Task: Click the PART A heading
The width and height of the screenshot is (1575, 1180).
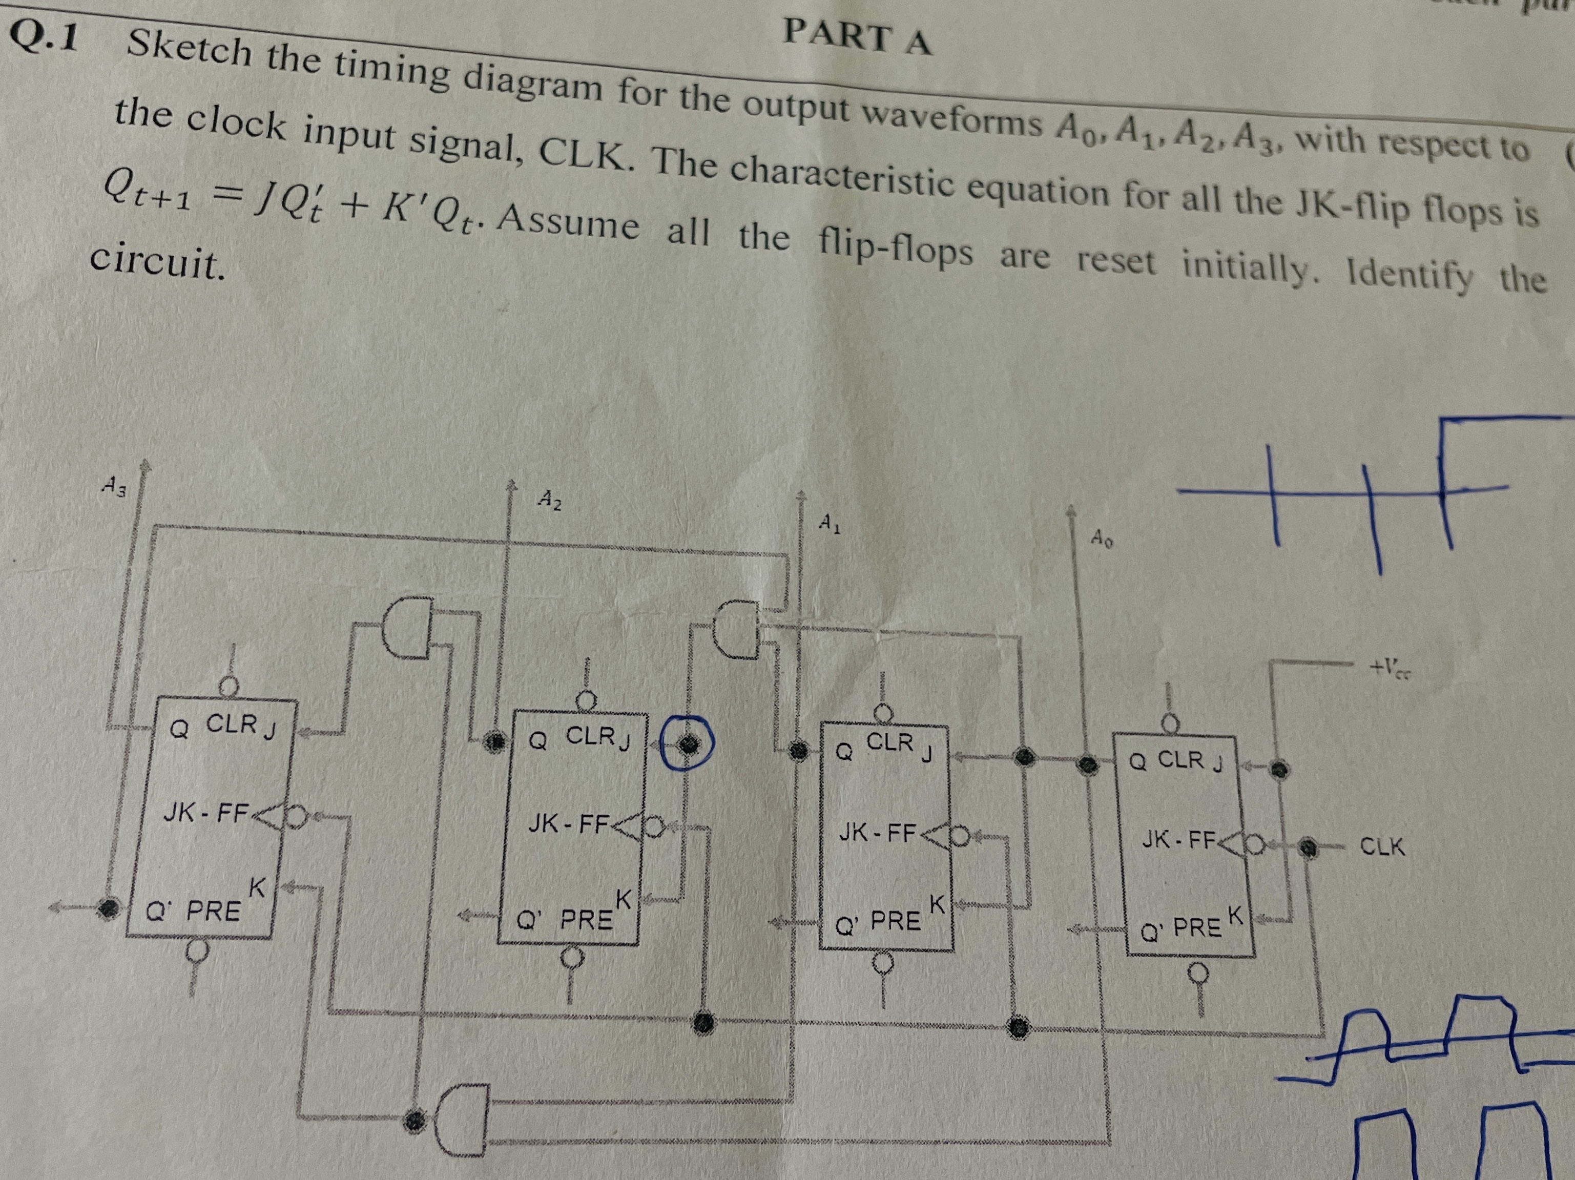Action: click(x=857, y=37)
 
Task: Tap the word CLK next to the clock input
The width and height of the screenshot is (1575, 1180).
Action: click(x=1382, y=847)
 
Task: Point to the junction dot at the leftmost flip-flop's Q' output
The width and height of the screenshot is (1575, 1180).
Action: click(x=110, y=908)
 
